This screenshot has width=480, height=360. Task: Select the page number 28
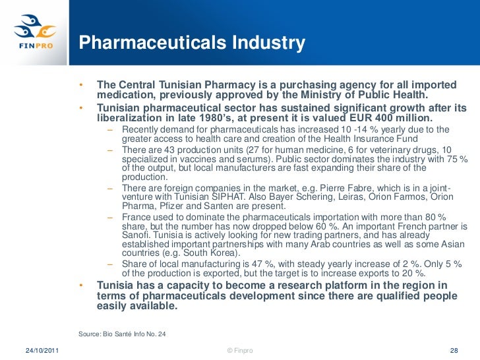click(453, 350)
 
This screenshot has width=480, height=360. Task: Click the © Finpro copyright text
click(239, 350)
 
